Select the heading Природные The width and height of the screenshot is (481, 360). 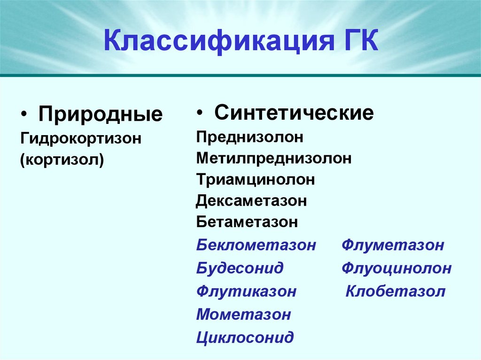pyautogui.click(x=101, y=115)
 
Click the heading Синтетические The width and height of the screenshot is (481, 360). pyautogui.click(x=294, y=113)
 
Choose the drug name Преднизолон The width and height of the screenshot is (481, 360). pyautogui.click(x=250, y=138)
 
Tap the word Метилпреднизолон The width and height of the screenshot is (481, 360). pyautogui.click(x=274, y=159)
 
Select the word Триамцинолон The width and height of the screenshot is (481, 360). pyautogui.click(x=256, y=180)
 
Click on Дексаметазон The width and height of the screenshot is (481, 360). pyautogui.click(x=252, y=201)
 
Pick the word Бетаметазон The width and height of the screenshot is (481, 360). pyautogui.click(x=247, y=222)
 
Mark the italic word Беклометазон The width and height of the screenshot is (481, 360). pyautogui.click(x=256, y=245)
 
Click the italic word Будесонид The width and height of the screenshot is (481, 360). pyautogui.click(x=240, y=268)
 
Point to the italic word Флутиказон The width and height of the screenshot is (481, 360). pyautogui.click(x=246, y=291)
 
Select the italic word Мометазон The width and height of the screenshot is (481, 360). pyautogui.click(x=243, y=314)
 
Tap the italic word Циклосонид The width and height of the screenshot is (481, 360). pyautogui.click(x=245, y=337)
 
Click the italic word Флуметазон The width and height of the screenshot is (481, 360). pyautogui.click(x=393, y=245)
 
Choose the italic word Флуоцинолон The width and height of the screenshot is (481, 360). pyautogui.click(x=396, y=268)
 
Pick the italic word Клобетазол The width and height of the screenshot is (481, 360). pyautogui.click(x=395, y=291)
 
